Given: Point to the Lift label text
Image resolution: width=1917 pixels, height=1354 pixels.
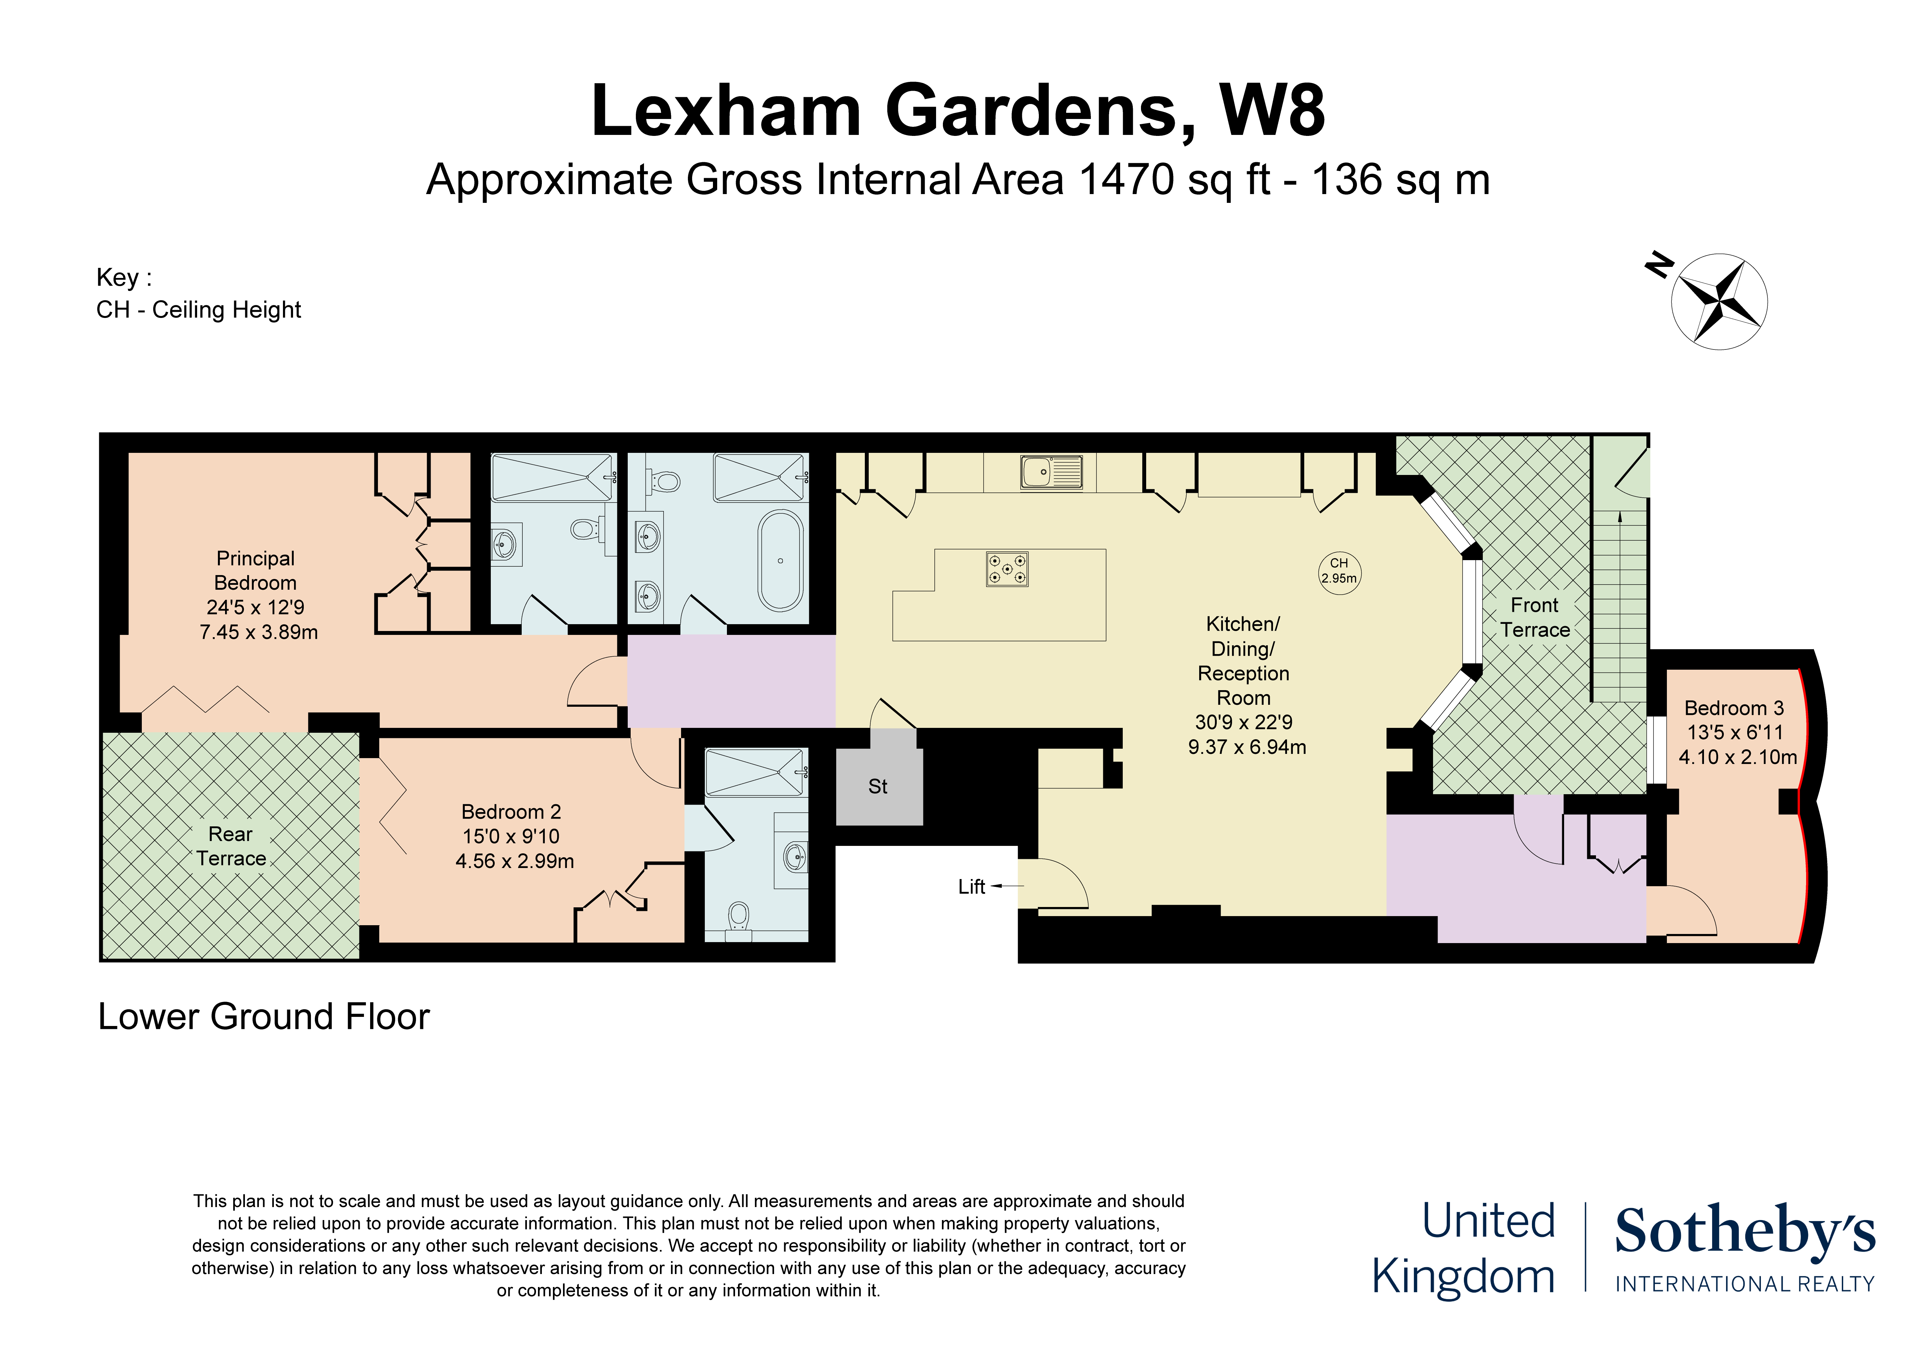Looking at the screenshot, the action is (x=972, y=887).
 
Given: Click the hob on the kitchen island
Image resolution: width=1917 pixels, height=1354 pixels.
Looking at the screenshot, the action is (x=1007, y=569).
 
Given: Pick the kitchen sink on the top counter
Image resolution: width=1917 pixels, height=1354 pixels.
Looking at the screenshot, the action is (x=1051, y=472).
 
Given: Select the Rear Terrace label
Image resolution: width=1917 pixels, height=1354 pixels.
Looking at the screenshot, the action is (x=231, y=846).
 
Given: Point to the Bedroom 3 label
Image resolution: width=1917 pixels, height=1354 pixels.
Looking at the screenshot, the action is (x=1734, y=708).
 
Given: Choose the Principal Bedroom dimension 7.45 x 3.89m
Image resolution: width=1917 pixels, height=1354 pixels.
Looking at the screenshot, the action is (x=259, y=632).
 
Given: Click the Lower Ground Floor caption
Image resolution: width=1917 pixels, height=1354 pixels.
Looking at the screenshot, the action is (x=264, y=1017).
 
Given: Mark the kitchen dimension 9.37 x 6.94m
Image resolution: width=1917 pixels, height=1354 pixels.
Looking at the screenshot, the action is (x=1247, y=747).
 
